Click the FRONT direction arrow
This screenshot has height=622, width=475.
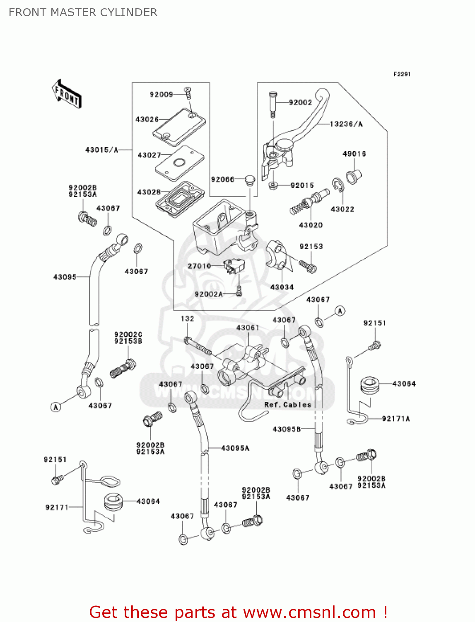(x=66, y=94)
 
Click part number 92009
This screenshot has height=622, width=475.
(x=161, y=95)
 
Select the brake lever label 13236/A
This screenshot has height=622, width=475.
(x=346, y=124)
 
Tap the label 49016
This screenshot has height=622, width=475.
(x=354, y=154)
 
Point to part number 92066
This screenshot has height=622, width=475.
(x=222, y=179)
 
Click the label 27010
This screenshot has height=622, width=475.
(x=199, y=266)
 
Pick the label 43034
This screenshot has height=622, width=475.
(x=282, y=287)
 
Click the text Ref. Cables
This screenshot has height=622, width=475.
(x=287, y=404)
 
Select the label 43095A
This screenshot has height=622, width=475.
(x=235, y=448)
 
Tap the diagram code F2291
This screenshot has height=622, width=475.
(x=402, y=74)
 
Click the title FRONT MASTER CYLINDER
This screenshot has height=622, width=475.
(x=83, y=12)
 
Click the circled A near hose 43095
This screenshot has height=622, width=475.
(x=56, y=407)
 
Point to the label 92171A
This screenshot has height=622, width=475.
(x=395, y=419)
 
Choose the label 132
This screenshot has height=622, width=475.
(x=187, y=318)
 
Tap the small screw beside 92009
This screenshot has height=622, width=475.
(x=188, y=93)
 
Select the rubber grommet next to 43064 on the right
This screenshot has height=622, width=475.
(x=370, y=385)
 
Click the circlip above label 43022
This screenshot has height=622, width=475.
(x=338, y=185)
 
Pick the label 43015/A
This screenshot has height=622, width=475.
(x=101, y=150)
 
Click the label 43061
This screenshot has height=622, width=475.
(x=247, y=328)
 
